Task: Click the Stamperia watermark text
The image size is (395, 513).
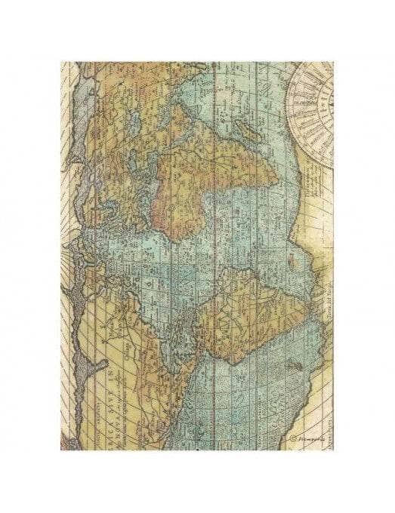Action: [x=302, y=436]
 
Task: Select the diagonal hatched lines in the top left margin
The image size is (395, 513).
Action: [x=72, y=83]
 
